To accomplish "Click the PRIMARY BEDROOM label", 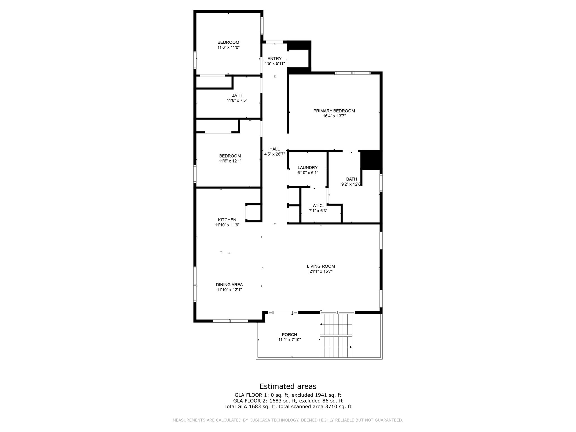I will point(334,111).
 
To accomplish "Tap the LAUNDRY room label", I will point(307,168).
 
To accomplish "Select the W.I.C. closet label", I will point(318,206).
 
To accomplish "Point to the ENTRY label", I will point(274,58).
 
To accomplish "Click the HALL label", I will point(274,149).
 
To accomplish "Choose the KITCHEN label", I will point(227,220).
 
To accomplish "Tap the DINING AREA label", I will point(229,285).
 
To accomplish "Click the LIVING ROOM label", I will point(321,266).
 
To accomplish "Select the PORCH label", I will point(289,335).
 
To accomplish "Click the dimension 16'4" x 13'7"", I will point(334,116).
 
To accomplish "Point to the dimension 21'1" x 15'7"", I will point(321,271).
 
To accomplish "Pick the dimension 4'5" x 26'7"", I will point(274,154).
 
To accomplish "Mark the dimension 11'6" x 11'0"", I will point(228,48).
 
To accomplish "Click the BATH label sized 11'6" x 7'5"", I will point(237,95).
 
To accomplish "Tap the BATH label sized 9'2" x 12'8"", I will point(352,179).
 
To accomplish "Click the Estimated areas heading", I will point(288,386).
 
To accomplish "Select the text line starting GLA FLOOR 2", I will point(288,401).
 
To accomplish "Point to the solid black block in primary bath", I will point(370,160).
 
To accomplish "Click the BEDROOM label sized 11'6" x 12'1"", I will point(230,156).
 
